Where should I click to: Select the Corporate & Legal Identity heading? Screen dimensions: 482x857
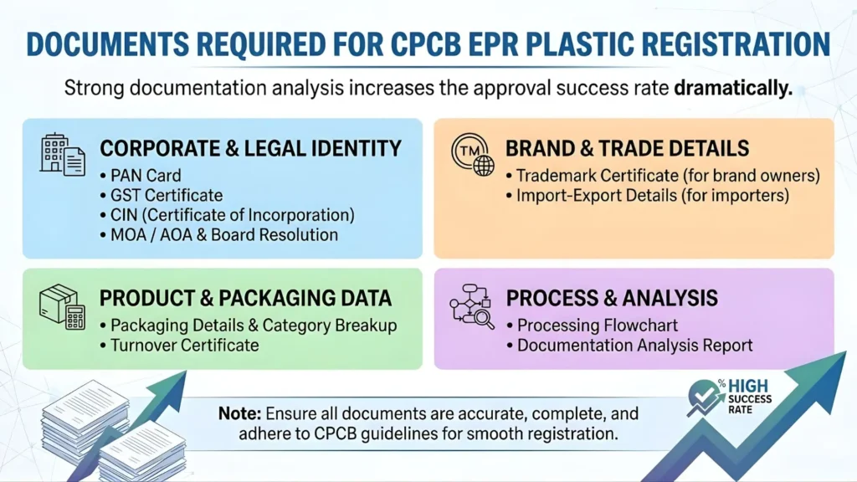[250, 149]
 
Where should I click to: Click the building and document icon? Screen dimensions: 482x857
[63, 153]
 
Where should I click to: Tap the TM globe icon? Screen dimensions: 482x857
[472, 156]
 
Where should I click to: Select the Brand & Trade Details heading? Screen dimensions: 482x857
[627, 149]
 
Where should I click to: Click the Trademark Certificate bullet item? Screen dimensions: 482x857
[666, 177]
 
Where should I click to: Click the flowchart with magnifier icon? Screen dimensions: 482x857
[472, 306]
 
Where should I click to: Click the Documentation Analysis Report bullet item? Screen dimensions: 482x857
[634, 345]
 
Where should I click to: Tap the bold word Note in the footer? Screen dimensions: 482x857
[238, 413]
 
